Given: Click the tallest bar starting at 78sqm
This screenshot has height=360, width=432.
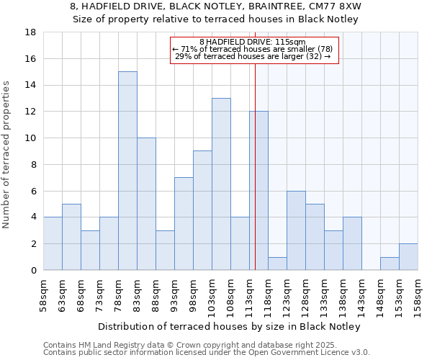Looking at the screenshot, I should pyautogui.click(x=127, y=171).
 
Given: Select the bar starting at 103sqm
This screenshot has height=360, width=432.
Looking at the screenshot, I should pyautogui.click(x=221, y=184).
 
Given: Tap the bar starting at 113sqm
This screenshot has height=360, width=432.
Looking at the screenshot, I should pyautogui.click(x=258, y=191).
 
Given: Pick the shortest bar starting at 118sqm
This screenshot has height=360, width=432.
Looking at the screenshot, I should pyautogui.click(x=277, y=264).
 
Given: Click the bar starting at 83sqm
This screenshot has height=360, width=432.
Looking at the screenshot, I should pyautogui.click(x=146, y=204).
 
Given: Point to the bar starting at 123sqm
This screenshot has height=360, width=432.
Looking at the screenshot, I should pyautogui.click(x=296, y=230).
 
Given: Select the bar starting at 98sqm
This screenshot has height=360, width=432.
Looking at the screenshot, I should pyautogui.click(x=202, y=210).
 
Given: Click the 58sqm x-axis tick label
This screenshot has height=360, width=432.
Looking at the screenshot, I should pyautogui.click(x=43, y=297).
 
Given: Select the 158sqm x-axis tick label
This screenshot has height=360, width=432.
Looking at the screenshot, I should pyautogui.click(x=418, y=297).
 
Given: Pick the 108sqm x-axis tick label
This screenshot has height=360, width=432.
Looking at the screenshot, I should pyautogui.click(x=230, y=297).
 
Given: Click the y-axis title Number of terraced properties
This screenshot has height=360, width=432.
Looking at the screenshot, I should pyautogui.click(x=7, y=155).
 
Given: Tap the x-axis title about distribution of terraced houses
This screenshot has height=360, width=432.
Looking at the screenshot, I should pyautogui.click(x=228, y=326).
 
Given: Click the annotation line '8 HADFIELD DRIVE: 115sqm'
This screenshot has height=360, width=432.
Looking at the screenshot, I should pyautogui.click(x=253, y=42).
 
